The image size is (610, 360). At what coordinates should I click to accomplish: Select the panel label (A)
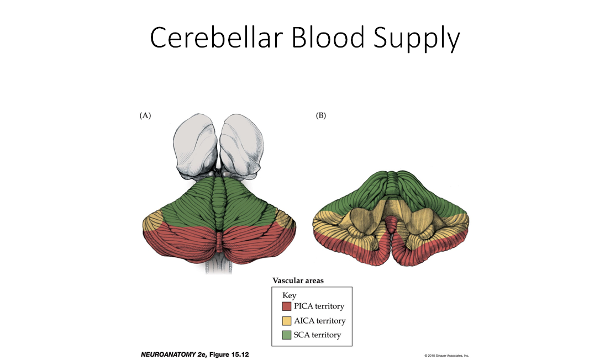coord(145,115)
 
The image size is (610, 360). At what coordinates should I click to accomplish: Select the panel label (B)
coord(320,115)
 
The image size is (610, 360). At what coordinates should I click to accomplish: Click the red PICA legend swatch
coord(287,306)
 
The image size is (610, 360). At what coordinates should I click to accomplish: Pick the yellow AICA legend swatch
coord(287,321)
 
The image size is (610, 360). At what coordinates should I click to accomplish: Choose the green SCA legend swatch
coord(287,335)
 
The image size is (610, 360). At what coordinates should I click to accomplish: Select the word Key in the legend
coord(289,295)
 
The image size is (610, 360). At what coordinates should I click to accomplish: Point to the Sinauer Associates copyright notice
coord(446,355)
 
